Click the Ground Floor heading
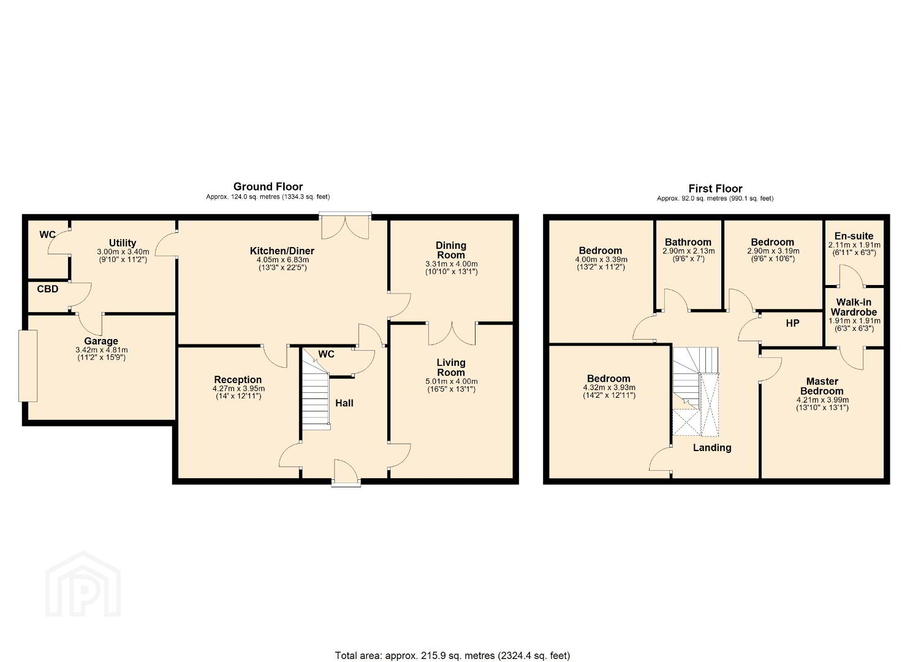click(x=268, y=186)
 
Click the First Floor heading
click(x=715, y=189)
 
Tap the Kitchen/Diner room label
click(x=282, y=251)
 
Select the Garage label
click(x=101, y=341)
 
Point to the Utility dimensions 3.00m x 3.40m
click(x=123, y=252)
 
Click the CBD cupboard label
click(x=48, y=289)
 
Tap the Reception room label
click(x=238, y=379)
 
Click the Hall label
click(x=344, y=403)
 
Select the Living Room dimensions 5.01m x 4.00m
click(x=452, y=382)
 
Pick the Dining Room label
click(x=451, y=250)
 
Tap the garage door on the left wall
click(x=28, y=366)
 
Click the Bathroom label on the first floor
click(x=688, y=243)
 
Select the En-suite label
click(x=854, y=236)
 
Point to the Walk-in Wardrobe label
click(x=854, y=307)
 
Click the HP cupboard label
click(x=792, y=324)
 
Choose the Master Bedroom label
click(x=822, y=386)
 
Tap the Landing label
click(x=712, y=448)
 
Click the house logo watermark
click(x=83, y=585)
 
